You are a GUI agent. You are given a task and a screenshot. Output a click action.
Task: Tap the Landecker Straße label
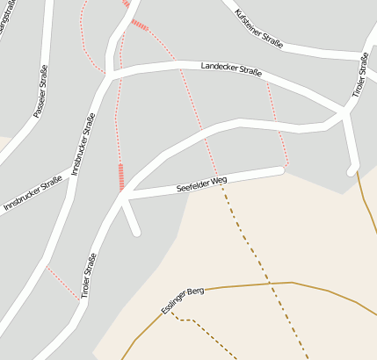231,69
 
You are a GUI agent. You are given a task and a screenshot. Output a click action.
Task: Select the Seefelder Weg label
201,183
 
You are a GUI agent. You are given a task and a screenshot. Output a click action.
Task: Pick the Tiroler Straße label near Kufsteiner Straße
360,75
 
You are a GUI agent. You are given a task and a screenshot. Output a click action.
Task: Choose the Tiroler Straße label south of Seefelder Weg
90,276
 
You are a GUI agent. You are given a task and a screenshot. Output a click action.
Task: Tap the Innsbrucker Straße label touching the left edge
33,192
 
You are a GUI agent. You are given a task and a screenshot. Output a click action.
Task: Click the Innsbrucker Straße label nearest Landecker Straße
83,143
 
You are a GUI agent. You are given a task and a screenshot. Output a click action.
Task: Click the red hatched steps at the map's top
139,24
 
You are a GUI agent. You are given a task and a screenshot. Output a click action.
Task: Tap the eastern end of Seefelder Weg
280,169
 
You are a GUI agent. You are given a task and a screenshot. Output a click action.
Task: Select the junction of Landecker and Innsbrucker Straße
109,76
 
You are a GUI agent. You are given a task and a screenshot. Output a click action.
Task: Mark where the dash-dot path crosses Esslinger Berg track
269,284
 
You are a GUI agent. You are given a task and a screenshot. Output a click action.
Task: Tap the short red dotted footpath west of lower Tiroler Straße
62,283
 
